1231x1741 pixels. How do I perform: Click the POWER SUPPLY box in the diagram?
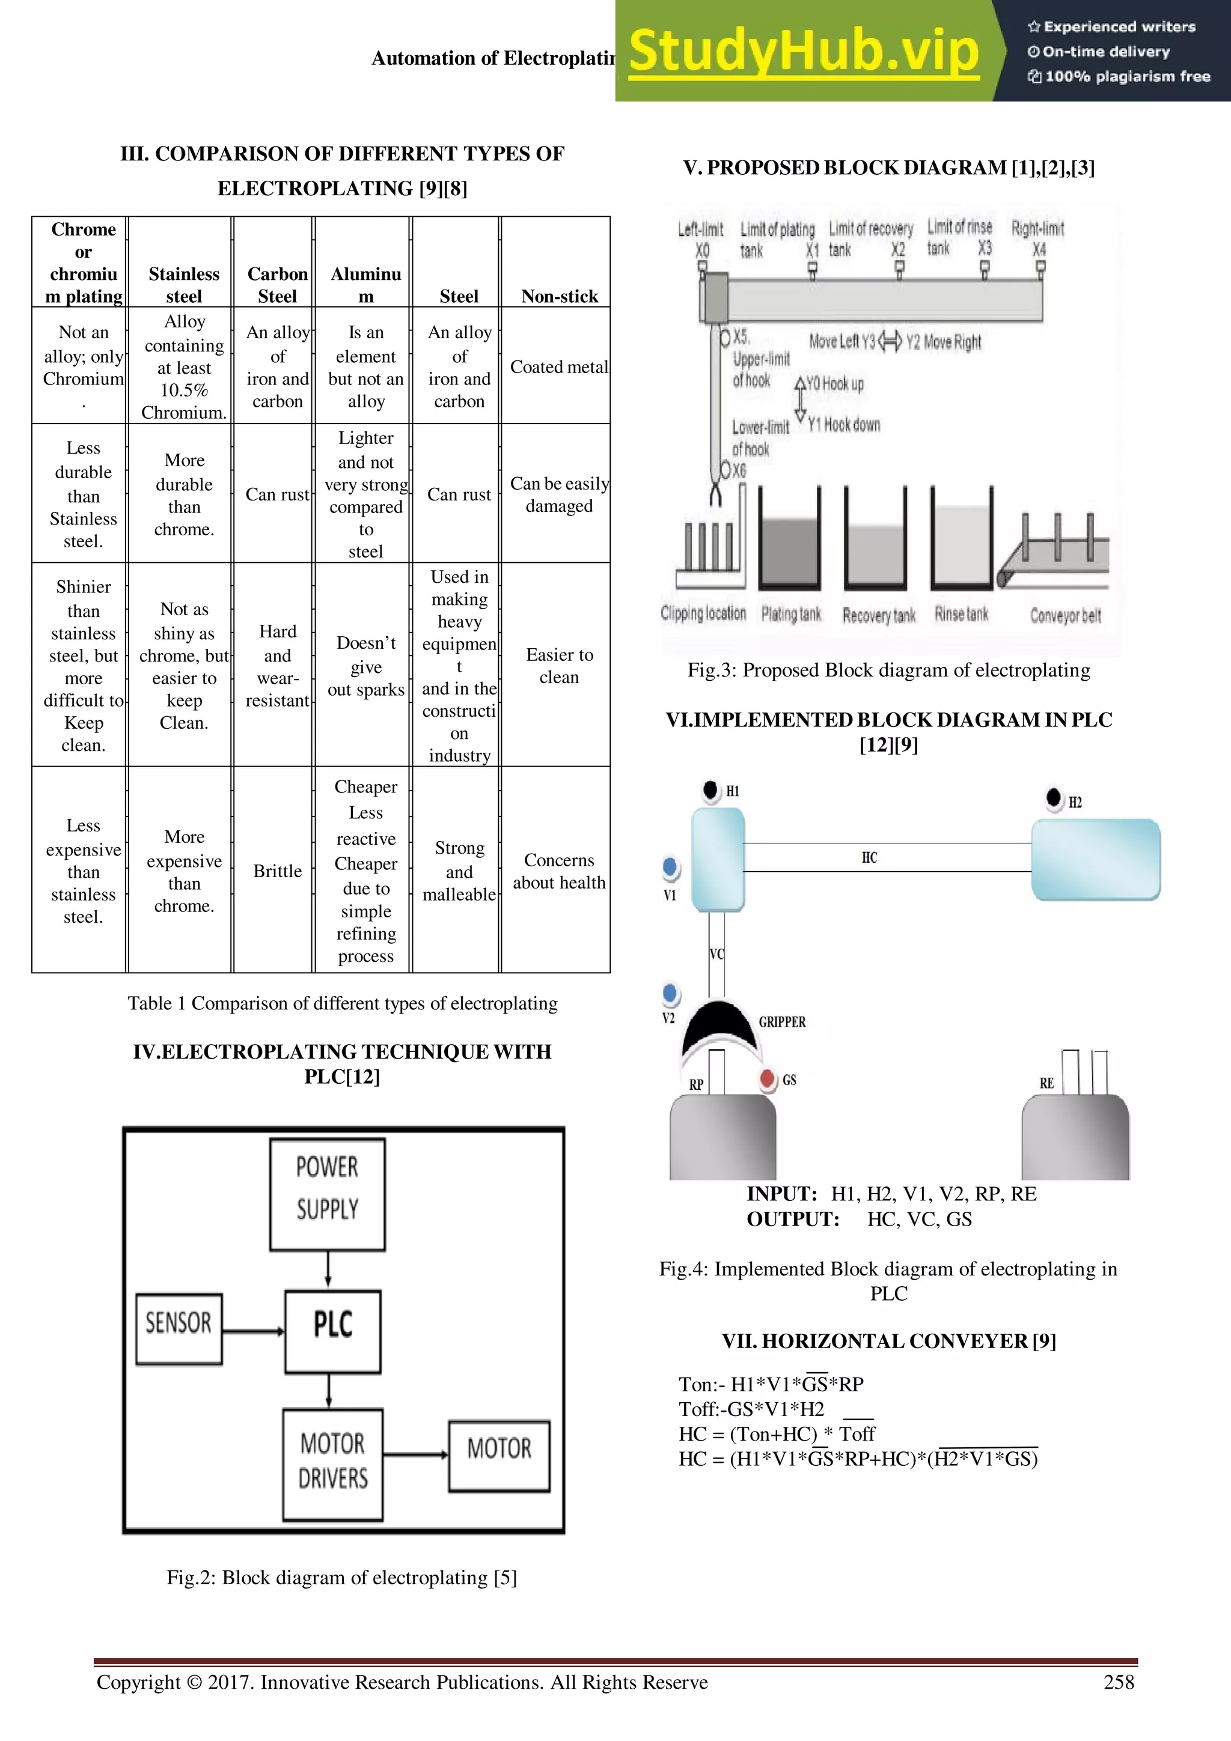point(328,1194)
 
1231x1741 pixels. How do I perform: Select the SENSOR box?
point(179,1328)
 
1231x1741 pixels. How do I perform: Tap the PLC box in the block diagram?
point(333,1331)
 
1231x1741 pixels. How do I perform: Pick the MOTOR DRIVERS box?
point(332,1463)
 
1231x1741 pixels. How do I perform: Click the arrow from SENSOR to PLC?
point(253,1331)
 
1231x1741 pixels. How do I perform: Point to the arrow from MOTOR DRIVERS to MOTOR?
point(415,1454)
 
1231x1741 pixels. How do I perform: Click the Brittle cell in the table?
point(277,870)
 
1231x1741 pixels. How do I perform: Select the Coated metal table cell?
point(559,367)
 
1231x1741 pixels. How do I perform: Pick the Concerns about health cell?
point(559,870)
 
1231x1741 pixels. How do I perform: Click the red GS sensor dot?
point(768,1078)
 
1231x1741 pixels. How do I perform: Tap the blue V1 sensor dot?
point(670,866)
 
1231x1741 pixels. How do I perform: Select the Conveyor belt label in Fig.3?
point(1065,615)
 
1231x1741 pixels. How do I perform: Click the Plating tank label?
point(791,614)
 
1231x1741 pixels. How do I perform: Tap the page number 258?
point(1118,1682)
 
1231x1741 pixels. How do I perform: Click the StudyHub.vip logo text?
point(804,52)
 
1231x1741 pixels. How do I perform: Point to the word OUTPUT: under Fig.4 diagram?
point(793,1218)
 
